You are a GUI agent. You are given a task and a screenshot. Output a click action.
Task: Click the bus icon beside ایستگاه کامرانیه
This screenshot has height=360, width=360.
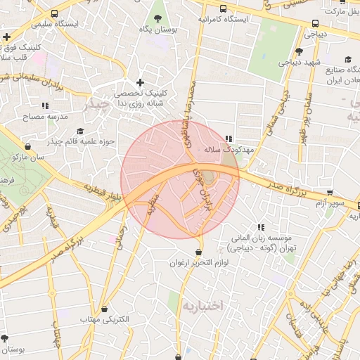[224, 9]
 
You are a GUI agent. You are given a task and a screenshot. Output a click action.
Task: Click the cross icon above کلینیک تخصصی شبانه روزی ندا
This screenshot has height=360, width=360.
[140, 83]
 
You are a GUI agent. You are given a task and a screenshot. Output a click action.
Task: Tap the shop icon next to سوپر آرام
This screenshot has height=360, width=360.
[330, 193]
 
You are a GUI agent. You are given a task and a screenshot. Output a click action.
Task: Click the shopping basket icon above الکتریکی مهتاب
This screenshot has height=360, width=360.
[105, 309]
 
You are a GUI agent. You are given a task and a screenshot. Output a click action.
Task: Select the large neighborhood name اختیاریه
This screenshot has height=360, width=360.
[202, 307]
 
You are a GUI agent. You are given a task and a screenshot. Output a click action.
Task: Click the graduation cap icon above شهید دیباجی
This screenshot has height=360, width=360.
[299, 51]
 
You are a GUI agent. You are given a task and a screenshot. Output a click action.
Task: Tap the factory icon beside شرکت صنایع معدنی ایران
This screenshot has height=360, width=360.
[347, 59]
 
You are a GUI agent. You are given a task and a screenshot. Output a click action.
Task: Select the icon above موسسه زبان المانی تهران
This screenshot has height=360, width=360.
[262, 227]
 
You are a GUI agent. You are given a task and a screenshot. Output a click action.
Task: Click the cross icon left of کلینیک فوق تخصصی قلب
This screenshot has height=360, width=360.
[6, 37]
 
